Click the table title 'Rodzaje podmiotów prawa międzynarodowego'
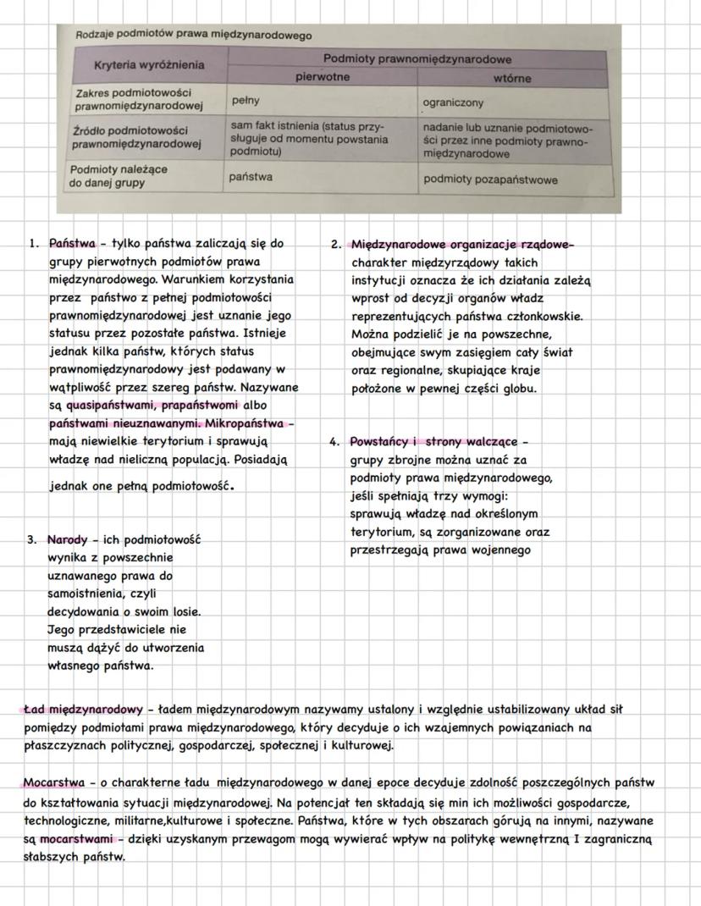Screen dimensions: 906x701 194,36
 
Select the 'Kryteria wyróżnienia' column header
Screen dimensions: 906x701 148,64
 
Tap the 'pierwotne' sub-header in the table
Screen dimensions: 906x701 322,77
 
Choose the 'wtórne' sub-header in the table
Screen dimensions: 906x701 512,78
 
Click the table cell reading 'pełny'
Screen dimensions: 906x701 246,100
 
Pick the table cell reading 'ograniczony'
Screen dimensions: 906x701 454,102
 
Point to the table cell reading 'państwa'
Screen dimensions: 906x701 251,177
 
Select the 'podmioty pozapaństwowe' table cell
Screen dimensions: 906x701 490,179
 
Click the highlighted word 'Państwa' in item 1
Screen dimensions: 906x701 72,244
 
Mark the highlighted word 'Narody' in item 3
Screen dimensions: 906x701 67,540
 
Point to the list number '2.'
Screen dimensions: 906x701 336,245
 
